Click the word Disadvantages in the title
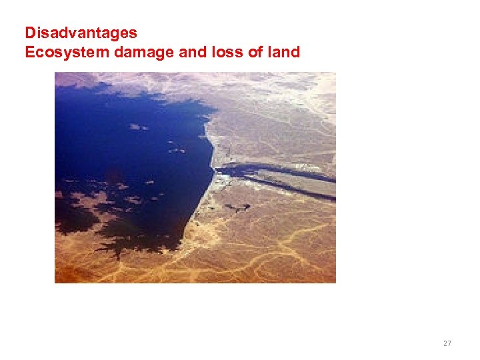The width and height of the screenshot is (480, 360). pos(81,33)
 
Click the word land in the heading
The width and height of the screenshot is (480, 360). pos(285,52)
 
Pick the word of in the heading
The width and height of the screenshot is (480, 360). pos(256,52)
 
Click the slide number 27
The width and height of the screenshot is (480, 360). pos(447,343)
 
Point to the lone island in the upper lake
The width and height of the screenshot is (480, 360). pos(138,126)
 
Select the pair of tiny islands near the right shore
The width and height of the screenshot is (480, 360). pos(177,150)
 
